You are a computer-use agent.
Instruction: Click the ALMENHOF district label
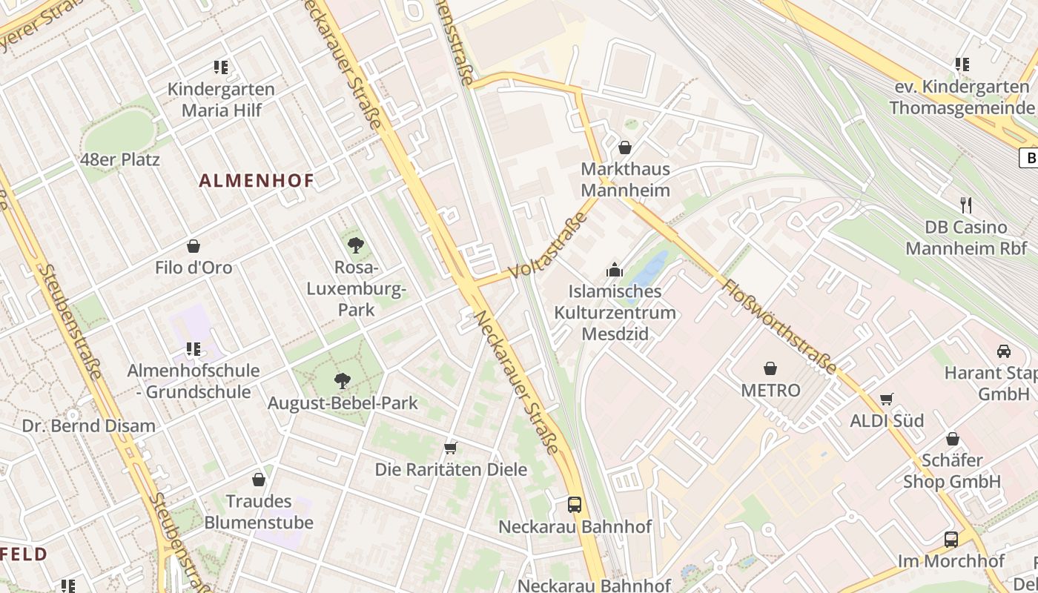(257, 180)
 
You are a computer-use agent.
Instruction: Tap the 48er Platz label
(120, 159)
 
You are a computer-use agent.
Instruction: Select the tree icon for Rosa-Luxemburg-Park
(356, 245)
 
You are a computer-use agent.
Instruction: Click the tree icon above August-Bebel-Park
(342, 381)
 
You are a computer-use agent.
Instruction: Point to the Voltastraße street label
(548, 245)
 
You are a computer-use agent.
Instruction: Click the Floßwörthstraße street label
(779, 326)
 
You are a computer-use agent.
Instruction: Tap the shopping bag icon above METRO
(770, 368)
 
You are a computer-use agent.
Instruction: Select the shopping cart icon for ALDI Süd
(886, 400)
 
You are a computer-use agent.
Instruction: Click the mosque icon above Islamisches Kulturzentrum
(614, 270)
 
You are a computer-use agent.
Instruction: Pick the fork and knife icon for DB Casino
(965, 205)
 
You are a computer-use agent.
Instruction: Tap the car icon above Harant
(1004, 351)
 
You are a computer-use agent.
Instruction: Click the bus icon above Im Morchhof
(951, 540)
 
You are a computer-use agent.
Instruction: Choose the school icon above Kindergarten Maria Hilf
(220, 67)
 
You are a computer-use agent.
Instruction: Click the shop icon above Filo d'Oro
(194, 246)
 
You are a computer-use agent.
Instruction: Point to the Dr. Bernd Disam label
(89, 426)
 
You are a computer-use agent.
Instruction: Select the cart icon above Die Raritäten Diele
(450, 448)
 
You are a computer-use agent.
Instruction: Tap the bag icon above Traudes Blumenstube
(259, 480)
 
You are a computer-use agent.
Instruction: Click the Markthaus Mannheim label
(625, 179)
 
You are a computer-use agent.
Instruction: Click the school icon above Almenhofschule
(194, 348)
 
